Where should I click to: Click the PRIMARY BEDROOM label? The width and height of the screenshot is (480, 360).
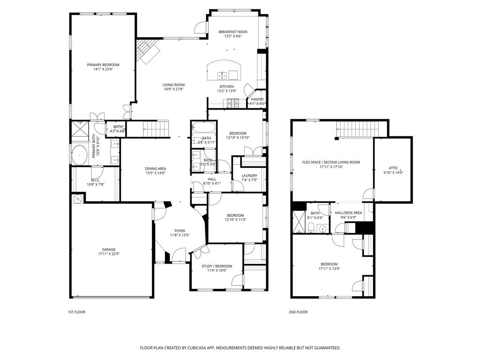[x=103, y=65]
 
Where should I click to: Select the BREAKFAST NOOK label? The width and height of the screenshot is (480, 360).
[x=233, y=32]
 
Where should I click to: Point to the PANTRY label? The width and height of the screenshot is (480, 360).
[x=257, y=99]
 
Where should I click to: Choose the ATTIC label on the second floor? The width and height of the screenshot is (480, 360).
[x=393, y=168]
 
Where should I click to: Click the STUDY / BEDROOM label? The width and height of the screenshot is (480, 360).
[x=217, y=266]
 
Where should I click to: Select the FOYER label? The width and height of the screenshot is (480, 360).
[x=180, y=231]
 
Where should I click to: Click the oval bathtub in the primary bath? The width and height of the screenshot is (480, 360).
[x=79, y=155]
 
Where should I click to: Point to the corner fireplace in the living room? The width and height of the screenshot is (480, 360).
[x=147, y=51]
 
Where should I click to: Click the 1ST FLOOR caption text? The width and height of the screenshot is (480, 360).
[x=77, y=312]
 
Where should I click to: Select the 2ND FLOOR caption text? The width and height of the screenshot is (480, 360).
[x=298, y=312]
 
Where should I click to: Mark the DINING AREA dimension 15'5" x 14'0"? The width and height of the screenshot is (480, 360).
[x=156, y=173]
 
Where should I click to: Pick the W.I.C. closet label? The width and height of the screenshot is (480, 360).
[x=96, y=180]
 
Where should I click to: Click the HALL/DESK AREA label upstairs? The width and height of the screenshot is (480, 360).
[x=348, y=213]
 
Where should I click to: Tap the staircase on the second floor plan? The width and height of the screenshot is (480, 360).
[x=356, y=128]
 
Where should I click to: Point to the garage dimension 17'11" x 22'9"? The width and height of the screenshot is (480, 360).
[x=109, y=254]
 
